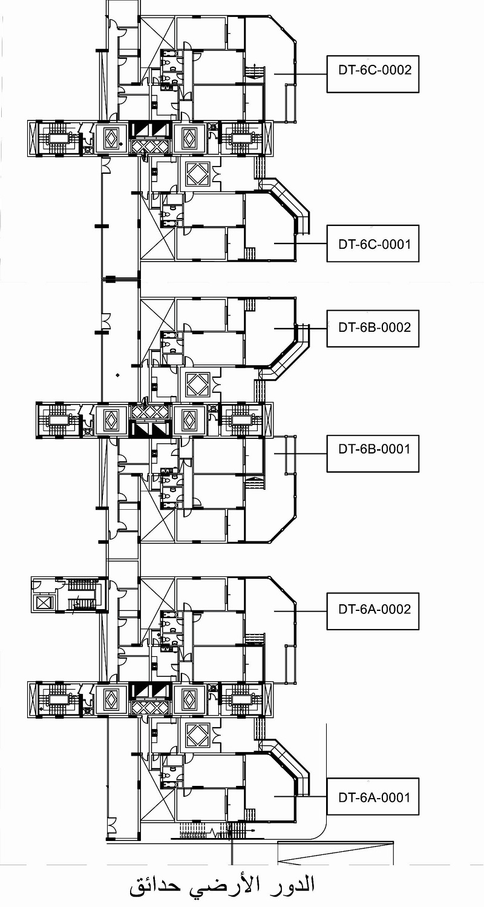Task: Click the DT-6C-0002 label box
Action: tap(373, 74)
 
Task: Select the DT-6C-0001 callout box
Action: tap(373, 244)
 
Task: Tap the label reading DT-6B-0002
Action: tap(374, 327)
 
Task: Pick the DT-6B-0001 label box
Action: tap(373, 454)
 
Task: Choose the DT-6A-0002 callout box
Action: tap(373, 611)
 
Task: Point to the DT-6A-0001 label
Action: tap(374, 797)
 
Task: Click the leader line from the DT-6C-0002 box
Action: tap(300, 74)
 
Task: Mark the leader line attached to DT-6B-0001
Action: tap(300, 454)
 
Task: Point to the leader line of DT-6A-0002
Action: tap(300, 611)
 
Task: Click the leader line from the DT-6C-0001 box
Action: tap(300, 244)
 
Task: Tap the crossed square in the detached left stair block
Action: tap(42, 603)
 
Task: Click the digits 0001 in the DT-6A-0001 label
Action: tap(396, 797)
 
